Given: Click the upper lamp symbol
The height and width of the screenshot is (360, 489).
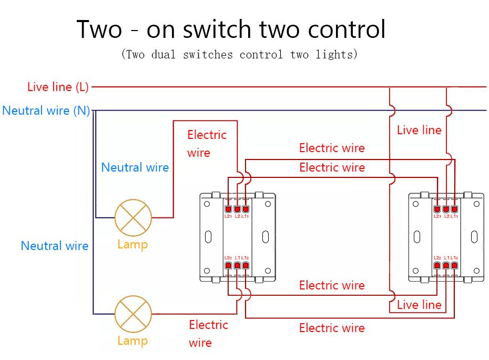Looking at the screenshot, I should (x=133, y=217).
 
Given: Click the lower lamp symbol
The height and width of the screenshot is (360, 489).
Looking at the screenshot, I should (x=133, y=314).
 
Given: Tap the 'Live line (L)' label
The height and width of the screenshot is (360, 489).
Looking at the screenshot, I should (x=58, y=87).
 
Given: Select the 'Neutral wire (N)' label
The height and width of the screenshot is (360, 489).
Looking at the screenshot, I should (x=46, y=111).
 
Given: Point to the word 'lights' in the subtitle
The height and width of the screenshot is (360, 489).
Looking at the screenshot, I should (x=339, y=54).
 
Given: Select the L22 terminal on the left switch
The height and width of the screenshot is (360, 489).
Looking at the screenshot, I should (x=228, y=266).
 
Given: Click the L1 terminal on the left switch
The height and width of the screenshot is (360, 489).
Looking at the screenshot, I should (x=237, y=266).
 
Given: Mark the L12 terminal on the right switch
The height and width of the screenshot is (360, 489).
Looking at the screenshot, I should (x=454, y=266).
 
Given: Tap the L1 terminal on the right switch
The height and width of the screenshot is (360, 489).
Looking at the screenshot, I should (x=446, y=266).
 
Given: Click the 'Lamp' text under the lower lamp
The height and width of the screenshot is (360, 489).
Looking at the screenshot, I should (x=133, y=341).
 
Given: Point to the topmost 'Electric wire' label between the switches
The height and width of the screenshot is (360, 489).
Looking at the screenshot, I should (x=332, y=148).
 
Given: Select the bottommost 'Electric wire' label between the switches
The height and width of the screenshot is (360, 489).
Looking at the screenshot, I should (x=332, y=328).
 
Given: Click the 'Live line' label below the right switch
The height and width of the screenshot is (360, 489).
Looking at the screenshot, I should (x=419, y=305).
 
